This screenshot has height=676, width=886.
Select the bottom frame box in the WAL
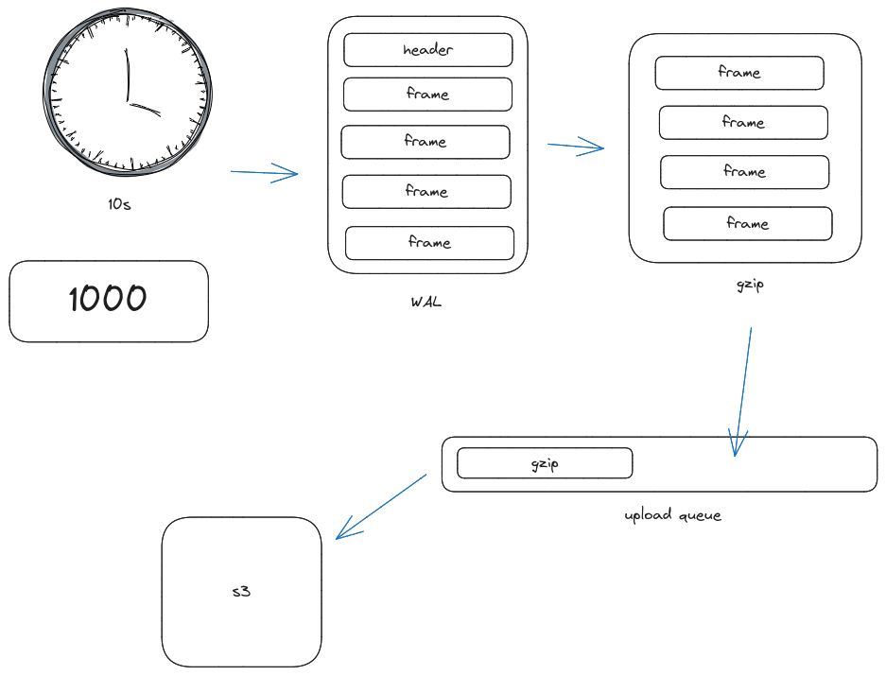tap(429, 243)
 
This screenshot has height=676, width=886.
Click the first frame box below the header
tap(427, 95)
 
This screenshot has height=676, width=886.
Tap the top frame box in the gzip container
tap(738, 73)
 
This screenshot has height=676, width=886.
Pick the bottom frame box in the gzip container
tap(747, 224)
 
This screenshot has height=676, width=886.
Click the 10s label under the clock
tap(119, 203)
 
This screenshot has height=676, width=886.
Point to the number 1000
tap(108, 300)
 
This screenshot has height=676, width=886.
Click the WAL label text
tap(426, 303)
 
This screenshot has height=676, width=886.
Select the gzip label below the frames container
tap(749, 284)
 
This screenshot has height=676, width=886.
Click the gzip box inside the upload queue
tap(545, 463)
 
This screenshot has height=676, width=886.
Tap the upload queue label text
tap(672, 515)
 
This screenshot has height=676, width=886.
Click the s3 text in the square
tap(241, 593)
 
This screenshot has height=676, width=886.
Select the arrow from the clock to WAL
tap(265, 173)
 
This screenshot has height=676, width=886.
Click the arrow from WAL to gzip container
tap(576, 146)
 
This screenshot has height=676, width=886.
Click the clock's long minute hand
tap(125, 76)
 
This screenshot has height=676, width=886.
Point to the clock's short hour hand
tap(144, 107)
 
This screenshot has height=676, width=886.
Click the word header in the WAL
tap(427, 50)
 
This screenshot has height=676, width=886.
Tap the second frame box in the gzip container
tap(743, 123)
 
